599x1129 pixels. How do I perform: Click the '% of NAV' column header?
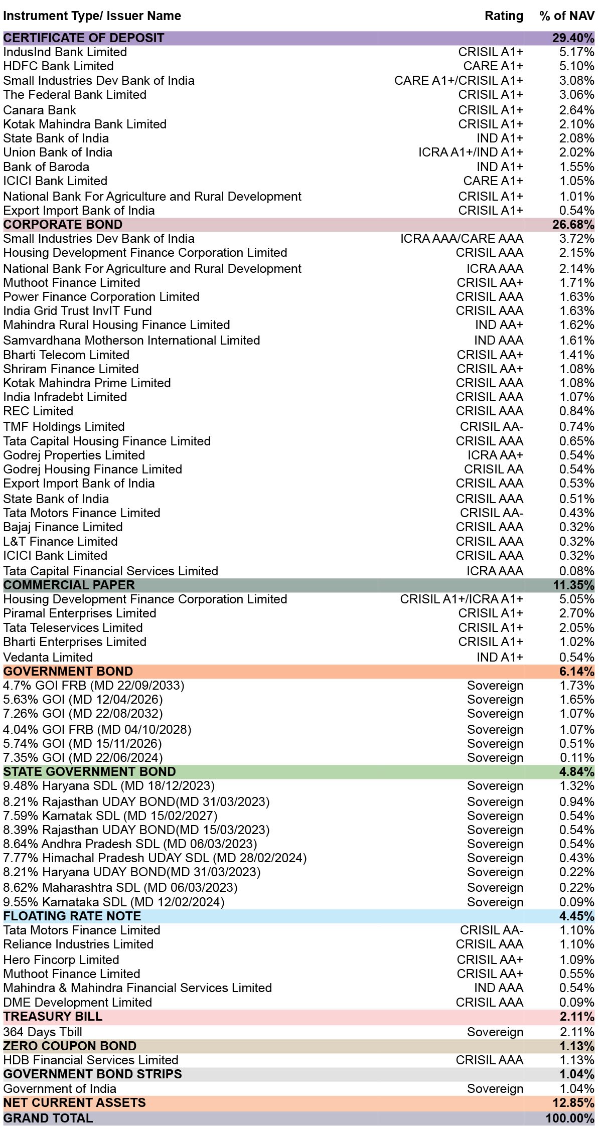point(567,16)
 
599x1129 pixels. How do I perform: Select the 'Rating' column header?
point(504,16)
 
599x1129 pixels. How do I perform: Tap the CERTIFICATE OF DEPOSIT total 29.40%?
point(573,38)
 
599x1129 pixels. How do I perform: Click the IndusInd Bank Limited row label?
point(65,52)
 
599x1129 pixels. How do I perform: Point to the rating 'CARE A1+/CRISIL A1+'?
point(459,81)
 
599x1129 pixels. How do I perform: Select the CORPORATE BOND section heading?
point(63,225)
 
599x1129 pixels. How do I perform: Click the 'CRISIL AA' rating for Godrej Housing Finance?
point(494,469)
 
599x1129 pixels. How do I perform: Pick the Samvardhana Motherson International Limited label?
point(131,341)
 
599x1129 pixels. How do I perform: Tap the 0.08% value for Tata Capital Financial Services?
point(577,571)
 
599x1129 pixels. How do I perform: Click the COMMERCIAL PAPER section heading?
point(69,585)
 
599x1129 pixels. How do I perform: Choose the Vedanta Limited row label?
point(48,658)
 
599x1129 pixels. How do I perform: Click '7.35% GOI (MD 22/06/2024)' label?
point(83,758)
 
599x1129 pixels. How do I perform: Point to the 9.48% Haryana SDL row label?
point(109,786)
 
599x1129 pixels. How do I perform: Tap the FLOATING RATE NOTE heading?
point(72,916)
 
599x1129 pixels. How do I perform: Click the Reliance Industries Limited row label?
point(78,944)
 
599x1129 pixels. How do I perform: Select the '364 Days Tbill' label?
point(43,1032)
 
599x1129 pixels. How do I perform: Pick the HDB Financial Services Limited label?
point(91,1060)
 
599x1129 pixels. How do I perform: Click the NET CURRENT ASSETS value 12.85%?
point(573,1103)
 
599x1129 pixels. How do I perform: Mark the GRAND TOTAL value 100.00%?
point(570,1118)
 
